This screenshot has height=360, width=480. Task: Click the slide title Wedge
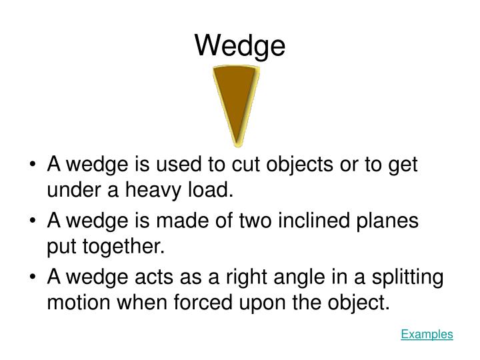tap(240, 45)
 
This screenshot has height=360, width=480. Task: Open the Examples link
tap(427, 335)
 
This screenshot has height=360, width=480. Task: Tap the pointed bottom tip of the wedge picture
tap(236, 143)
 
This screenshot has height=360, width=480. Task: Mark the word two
tap(237, 221)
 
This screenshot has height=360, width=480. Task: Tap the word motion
tap(79, 303)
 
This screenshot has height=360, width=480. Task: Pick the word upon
tap(262, 304)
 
